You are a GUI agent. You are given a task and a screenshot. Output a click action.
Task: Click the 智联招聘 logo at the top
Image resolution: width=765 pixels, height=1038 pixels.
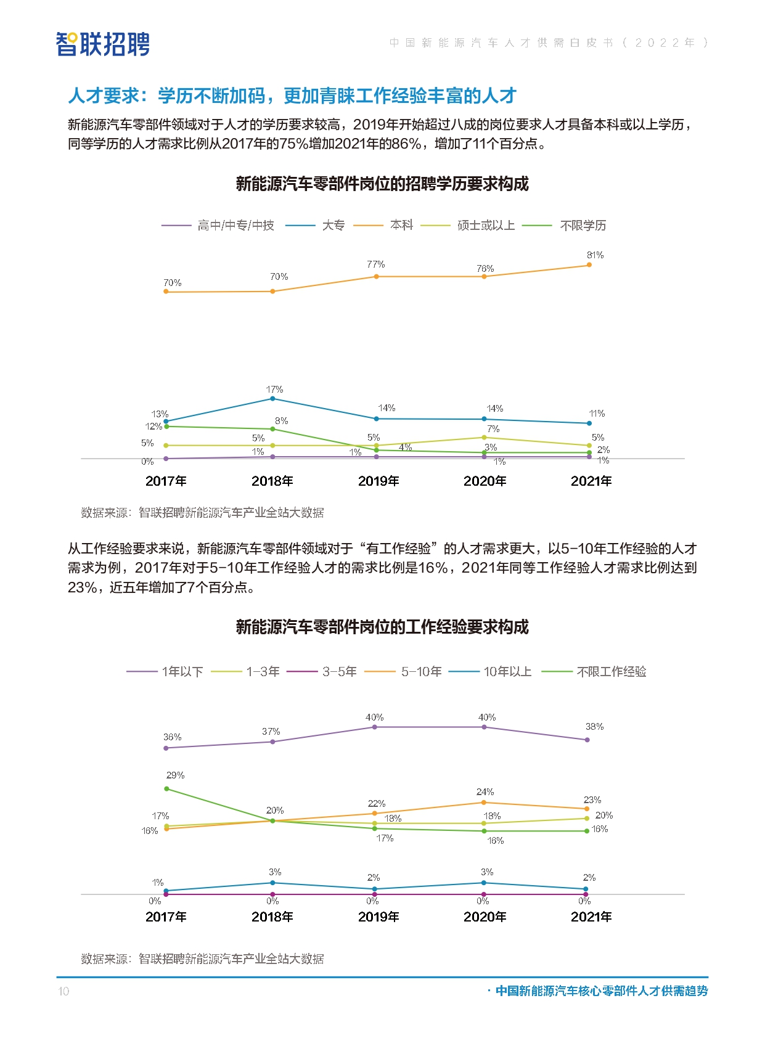tap(103, 44)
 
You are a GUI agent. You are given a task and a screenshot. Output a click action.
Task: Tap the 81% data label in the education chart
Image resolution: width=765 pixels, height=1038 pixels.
tap(595, 255)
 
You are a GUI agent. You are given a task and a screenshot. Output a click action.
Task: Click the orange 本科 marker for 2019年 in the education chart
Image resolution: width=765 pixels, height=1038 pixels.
tap(376, 277)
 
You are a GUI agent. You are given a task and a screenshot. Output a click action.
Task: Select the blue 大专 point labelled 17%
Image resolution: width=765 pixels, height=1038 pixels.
tap(272, 399)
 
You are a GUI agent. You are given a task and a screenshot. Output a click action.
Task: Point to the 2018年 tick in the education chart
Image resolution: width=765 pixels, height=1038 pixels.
tap(272, 481)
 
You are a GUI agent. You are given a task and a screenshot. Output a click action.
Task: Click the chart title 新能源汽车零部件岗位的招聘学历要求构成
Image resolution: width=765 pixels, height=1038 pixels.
tap(382, 184)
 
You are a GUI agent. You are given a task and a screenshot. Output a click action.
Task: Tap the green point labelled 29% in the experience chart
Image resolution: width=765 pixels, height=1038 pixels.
tap(166, 789)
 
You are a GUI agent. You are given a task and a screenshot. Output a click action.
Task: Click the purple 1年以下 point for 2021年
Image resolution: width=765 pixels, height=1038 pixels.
tap(587, 740)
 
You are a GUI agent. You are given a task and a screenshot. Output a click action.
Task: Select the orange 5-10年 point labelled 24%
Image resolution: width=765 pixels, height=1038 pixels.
tap(484, 803)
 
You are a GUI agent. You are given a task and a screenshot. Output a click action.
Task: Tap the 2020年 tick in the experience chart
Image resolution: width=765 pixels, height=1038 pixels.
tap(485, 917)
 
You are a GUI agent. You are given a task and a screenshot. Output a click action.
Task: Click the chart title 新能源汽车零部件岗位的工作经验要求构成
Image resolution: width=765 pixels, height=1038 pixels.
tap(382, 627)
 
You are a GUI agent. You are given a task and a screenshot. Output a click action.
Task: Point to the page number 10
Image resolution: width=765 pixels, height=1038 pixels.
tap(63, 991)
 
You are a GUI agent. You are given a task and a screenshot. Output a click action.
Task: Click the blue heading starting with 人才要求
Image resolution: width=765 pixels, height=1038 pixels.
tap(292, 96)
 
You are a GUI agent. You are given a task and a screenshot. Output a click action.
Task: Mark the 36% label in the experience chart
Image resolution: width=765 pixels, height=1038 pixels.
tap(173, 737)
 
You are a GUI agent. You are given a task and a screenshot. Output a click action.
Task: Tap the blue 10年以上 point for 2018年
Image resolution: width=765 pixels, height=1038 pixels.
tap(272, 883)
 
